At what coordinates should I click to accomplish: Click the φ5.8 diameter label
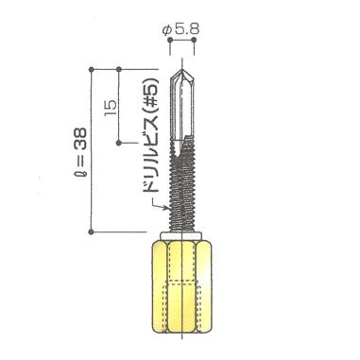181,30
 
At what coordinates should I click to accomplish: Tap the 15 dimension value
111,109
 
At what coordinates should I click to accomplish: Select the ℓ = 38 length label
80,157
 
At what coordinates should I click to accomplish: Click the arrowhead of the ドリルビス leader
166,208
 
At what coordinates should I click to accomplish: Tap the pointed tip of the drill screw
182,70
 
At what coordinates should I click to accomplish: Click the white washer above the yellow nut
180,236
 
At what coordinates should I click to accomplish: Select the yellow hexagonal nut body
180,286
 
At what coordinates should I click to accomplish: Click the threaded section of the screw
181,186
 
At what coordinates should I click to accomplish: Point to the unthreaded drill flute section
181,106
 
